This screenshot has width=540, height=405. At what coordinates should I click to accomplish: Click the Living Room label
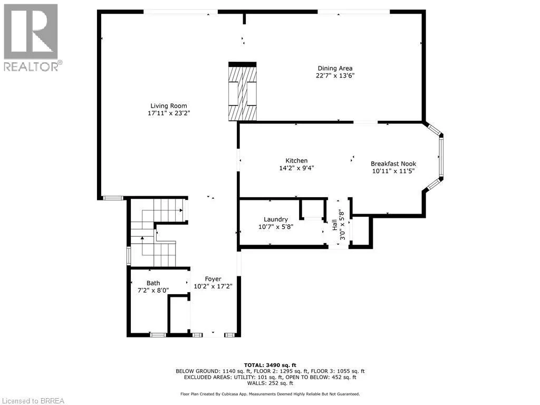(x=168, y=105)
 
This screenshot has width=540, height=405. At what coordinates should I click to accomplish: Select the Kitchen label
(x=296, y=161)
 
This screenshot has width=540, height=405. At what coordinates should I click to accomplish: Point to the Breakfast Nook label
(x=393, y=163)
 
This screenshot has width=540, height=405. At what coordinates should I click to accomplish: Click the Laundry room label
(x=276, y=219)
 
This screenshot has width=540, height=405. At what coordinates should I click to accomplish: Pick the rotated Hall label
(x=334, y=225)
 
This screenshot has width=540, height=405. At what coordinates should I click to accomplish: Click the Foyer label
(x=213, y=279)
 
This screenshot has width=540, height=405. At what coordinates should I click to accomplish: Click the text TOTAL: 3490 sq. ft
(x=270, y=365)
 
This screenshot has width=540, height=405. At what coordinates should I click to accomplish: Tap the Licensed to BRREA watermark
(x=33, y=400)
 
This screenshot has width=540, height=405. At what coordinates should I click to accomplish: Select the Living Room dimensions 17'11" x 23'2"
(x=168, y=113)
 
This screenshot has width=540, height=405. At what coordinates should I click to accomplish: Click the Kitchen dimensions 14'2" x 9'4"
(x=296, y=168)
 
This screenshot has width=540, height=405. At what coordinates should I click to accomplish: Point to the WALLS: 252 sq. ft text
(x=270, y=383)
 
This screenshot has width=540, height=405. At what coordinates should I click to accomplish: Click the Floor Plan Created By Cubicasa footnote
(x=270, y=394)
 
